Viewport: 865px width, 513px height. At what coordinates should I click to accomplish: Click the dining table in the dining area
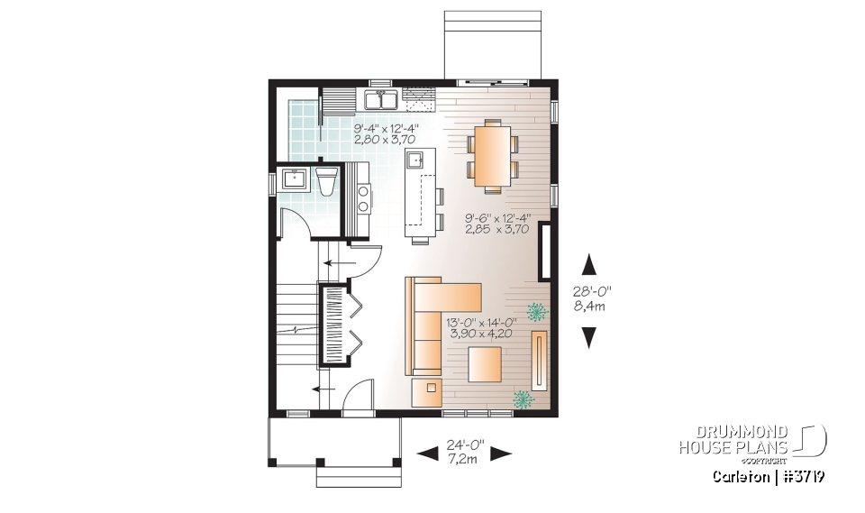tap(492, 156)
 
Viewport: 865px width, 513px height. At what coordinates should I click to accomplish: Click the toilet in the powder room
tap(327, 180)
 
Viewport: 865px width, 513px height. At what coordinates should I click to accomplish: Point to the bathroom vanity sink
tap(294, 179)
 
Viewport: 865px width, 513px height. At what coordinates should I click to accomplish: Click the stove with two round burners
tap(363, 197)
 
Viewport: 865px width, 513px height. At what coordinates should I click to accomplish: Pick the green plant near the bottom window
tap(523, 398)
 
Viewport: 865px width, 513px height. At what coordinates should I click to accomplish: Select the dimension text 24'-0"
tap(465, 444)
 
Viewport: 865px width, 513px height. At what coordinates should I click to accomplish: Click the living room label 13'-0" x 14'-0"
tap(479, 325)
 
